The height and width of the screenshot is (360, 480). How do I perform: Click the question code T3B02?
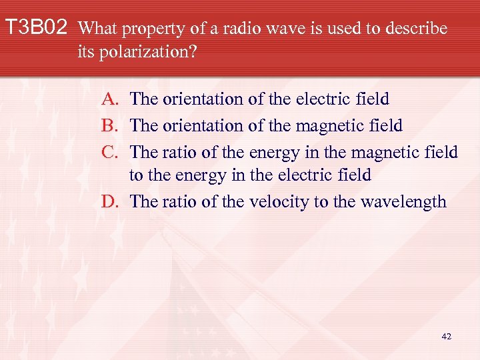coord(36,29)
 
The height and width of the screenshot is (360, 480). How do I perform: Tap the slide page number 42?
coord(446,337)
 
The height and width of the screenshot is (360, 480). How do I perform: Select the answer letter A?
coord(111,100)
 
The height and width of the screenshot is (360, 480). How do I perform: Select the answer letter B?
coord(111,125)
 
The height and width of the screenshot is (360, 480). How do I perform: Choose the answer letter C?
coord(111,151)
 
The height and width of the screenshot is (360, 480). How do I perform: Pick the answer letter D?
coord(111,201)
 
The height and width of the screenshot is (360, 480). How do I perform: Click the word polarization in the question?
coord(148,53)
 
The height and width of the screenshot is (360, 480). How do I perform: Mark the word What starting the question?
coord(98,29)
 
